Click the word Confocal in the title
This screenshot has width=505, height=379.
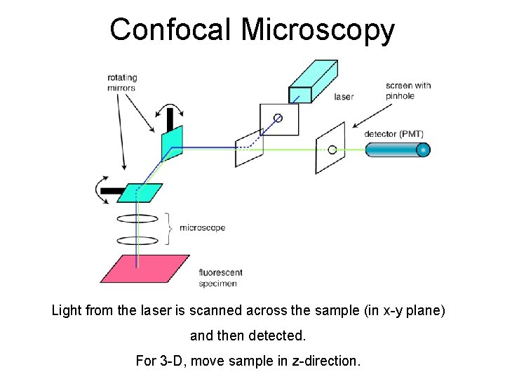coord(171,29)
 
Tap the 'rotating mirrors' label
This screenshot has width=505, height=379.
coord(121,83)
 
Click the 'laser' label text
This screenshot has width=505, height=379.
coord(344,96)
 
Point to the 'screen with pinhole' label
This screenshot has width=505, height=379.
coord(408,91)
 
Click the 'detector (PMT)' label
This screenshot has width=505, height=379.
coord(393,133)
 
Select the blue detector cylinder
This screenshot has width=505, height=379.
coord(397,149)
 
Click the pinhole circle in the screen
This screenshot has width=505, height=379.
coord(332,149)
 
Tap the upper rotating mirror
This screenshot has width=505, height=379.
coord(172,143)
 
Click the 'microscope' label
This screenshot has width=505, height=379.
coord(202,227)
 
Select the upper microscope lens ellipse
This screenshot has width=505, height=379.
coord(137,218)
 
